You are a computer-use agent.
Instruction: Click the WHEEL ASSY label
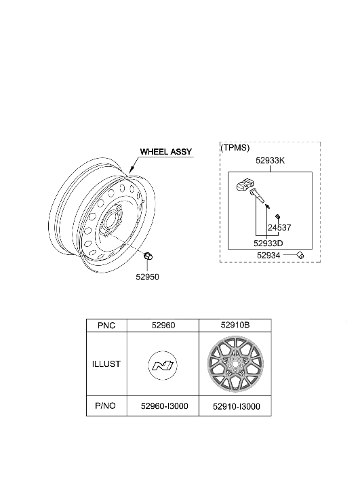[x=166, y=152]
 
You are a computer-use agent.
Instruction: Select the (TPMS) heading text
[x=235, y=147]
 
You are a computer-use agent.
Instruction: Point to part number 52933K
[x=270, y=162]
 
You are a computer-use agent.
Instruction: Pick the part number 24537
[x=278, y=228]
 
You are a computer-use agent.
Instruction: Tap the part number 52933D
[x=268, y=241]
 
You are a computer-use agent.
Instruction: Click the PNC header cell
[x=106, y=326]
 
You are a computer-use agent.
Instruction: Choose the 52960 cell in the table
[x=164, y=326]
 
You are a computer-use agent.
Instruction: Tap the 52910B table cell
[x=235, y=326]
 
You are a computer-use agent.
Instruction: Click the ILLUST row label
[x=106, y=363]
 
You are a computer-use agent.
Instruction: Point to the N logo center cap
[x=164, y=366]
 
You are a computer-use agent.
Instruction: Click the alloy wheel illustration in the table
[x=235, y=365]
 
